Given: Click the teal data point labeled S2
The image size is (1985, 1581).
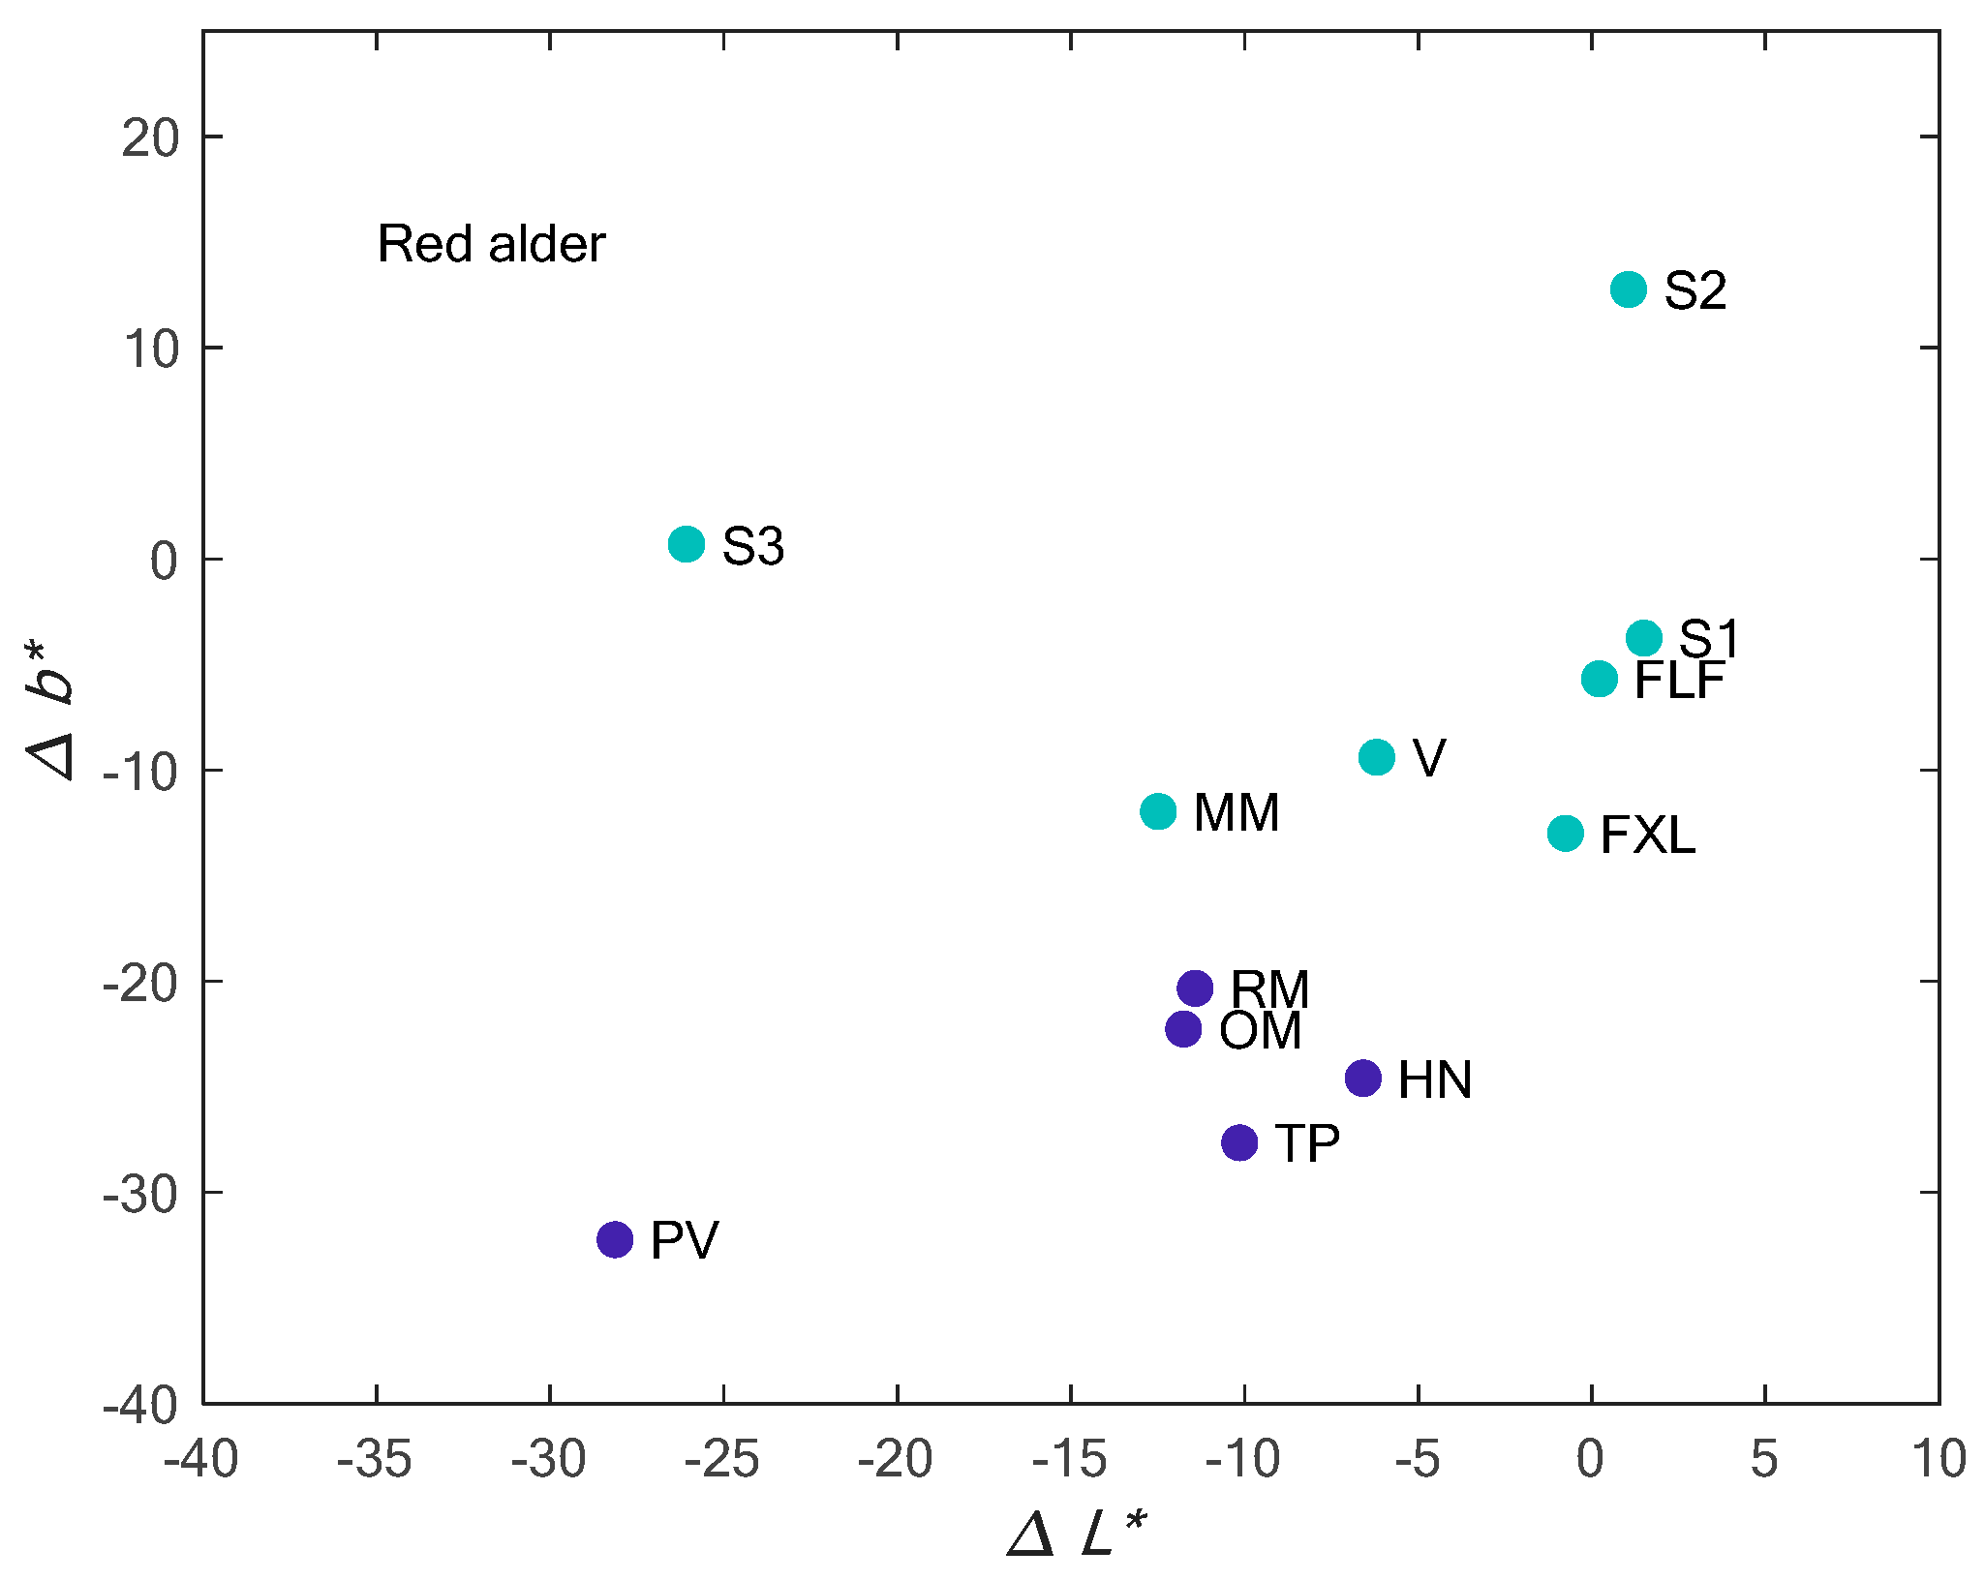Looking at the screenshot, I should click(1629, 289).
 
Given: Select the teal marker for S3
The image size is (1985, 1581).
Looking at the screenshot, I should click(687, 544).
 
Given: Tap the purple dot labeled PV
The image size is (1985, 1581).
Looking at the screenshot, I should click(615, 1239).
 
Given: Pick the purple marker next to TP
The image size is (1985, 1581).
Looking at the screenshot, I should click(1239, 1142).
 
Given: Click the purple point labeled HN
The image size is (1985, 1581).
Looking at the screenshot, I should click(1363, 1078).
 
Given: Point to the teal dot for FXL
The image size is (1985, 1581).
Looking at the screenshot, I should click(1566, 833).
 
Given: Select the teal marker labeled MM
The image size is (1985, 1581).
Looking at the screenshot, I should click(1158, 811).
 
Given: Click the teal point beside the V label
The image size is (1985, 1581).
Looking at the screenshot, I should click(1377, 757).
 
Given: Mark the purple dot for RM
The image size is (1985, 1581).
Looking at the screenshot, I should click(1196, 988).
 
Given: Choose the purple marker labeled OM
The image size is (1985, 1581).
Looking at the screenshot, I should click(1183, 1028).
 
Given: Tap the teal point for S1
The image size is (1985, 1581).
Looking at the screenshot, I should click(1644, 638).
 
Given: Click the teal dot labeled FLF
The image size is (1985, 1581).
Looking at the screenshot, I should click(1600, 679).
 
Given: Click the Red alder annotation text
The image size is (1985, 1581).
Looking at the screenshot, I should click(491, 243).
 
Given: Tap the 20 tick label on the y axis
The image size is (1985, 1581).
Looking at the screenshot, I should click(151, 138).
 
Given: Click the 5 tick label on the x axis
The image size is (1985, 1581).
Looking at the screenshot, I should click(1764, 1460).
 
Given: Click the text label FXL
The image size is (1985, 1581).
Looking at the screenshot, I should click(1648, 835).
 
